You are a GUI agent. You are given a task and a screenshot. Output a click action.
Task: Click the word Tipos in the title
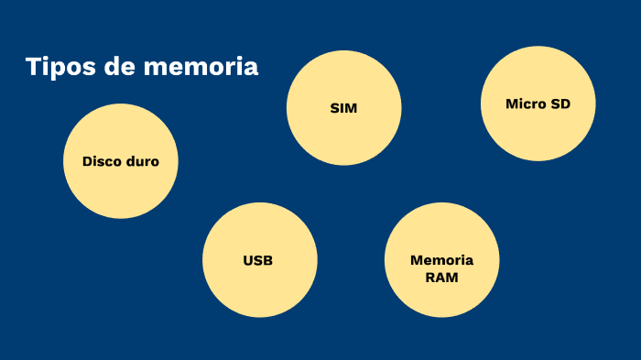click(x=59, y=67)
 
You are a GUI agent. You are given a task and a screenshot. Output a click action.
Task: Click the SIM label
click(x=343, y=109)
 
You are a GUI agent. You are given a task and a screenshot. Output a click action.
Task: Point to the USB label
click(x=258, y=260)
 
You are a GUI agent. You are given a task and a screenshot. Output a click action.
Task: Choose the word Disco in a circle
click(x=102, y=161)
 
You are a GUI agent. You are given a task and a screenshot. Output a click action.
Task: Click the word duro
click(x=142, y=161)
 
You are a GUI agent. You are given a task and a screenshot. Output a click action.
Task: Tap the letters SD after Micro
click(x=560, y=104)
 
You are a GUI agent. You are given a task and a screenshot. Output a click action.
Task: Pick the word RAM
click(x=441, y=276)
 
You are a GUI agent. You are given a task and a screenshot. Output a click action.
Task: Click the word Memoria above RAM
click(x=441, y=259)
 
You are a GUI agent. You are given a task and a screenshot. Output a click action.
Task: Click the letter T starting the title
click(x=33, y=67)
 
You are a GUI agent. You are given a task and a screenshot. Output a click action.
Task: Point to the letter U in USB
click(x=248, y=260)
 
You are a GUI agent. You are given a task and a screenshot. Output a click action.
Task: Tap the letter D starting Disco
click(x=87, y=161)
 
